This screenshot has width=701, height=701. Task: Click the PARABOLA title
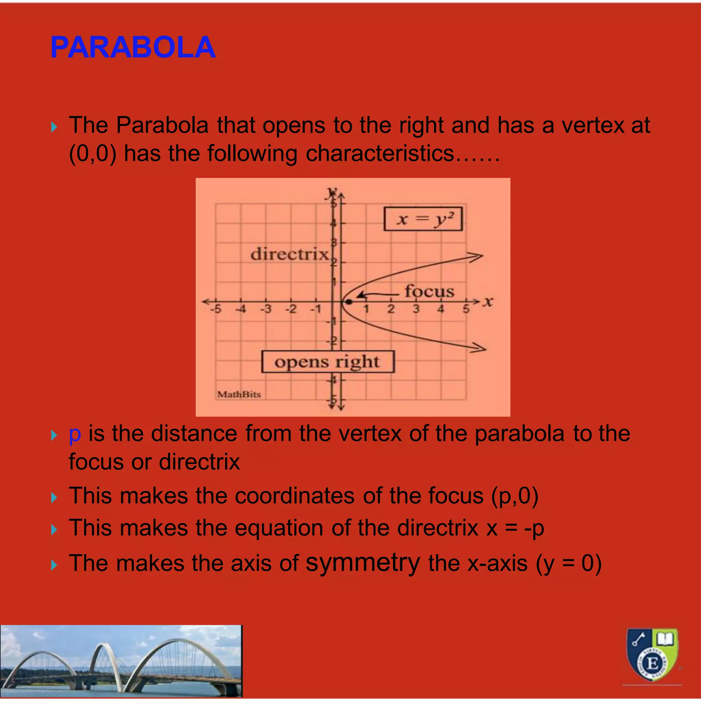tap(133, 48)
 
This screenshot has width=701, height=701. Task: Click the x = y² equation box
tap(423, 219)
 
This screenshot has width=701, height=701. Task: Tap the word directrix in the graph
tap(289, 254)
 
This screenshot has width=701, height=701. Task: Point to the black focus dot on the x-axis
tap(349, 302)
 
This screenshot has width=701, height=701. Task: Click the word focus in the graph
tap(429, 291)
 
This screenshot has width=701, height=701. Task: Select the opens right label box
tap(327, 362)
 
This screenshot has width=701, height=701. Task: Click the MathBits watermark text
tap(239, 394)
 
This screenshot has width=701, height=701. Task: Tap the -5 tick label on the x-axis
tap(216, 309)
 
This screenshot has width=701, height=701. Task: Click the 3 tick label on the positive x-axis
tap(416, 309)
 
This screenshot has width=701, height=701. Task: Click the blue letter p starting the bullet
tap(75, 434)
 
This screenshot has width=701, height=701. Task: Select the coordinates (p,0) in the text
tap(514, 496)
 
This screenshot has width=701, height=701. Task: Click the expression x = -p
tap(515, 528)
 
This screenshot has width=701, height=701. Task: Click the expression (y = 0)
tap(569, 563)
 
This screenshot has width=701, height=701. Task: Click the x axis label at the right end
tap(488, 302)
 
